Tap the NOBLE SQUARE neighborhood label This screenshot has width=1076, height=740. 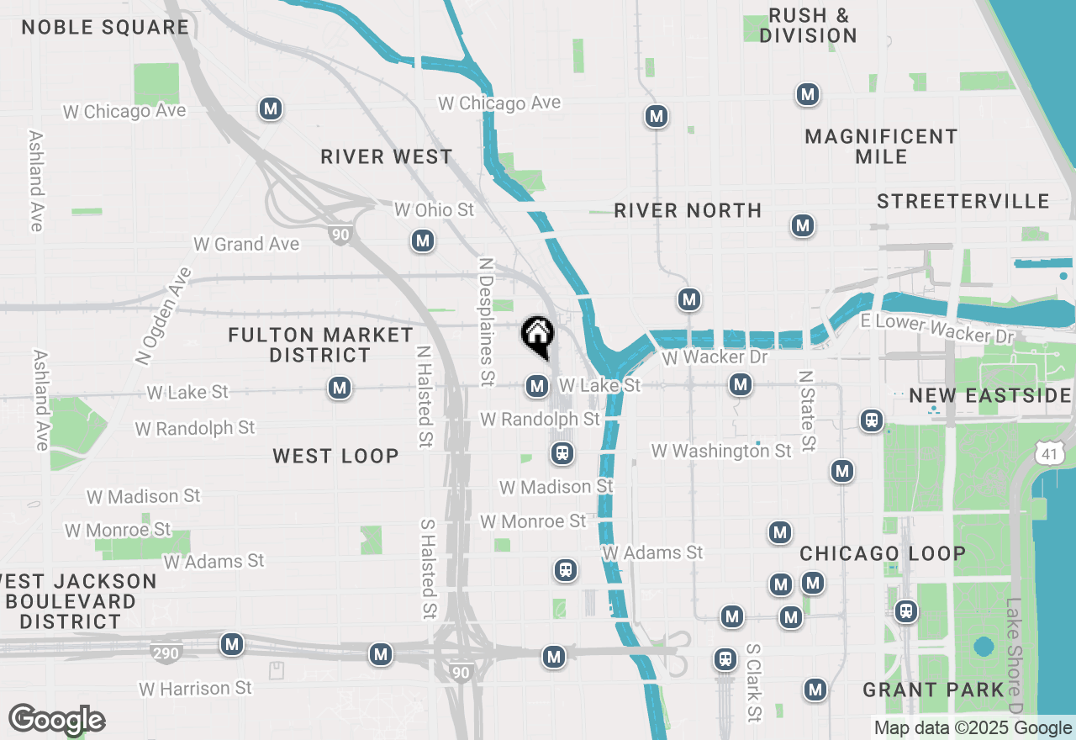pos(105,27)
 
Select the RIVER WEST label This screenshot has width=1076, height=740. pos(387,156)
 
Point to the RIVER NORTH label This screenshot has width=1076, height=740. pos(688,210)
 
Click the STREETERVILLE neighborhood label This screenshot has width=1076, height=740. pos(963,201)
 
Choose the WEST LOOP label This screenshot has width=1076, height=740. pos(335,456)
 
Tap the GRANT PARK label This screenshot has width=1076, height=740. pos(933,690)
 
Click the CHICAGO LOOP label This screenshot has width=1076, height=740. pos(883,553)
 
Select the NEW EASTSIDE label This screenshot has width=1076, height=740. pos(989,395)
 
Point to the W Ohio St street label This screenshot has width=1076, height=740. pos(435,209)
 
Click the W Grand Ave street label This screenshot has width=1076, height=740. pos(246,244)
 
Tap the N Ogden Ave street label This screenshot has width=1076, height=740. pos(162,315)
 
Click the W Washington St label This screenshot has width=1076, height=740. pos(721,452)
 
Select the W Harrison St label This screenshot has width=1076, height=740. pos(195,689)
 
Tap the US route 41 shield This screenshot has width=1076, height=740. pos(1048,454)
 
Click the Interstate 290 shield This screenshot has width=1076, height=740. pos(166,652)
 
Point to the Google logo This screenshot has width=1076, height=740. pos(56,721)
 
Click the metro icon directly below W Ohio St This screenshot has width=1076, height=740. pos(423,241)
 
